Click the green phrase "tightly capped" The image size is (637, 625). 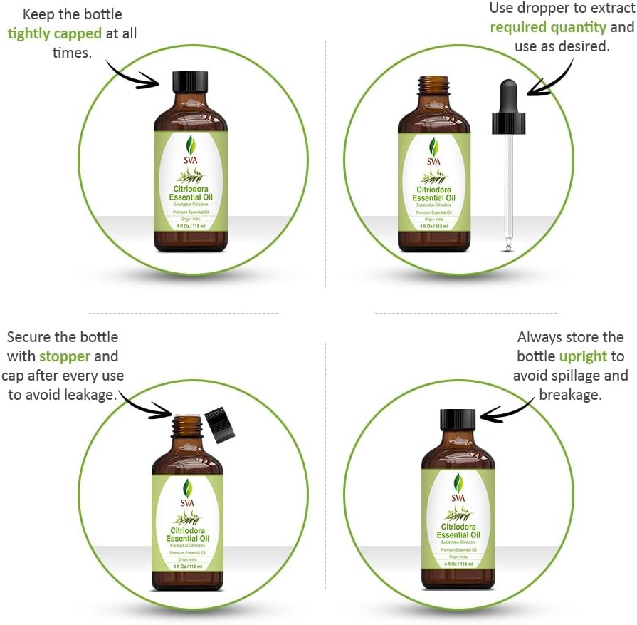pyautogui.click(x=54, y=33)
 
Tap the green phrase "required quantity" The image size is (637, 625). pyautogui.click(x=547, y=27)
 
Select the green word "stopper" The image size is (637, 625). pyautogui.click(x=65, y=356)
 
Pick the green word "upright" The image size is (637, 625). pyautogui.click(x=583, y=356)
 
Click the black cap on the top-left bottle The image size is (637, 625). pyautogui.click(x=190, y=81)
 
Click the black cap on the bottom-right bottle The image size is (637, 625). pyautogui.click(x=458, y=419)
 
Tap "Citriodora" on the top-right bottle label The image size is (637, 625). pyautogui.click(x=433, y=190)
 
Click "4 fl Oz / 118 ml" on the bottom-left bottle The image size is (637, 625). pyautogui.click(x=186, y=566)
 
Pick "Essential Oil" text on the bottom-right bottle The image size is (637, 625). pyautogui.click(x=458, y=534)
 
